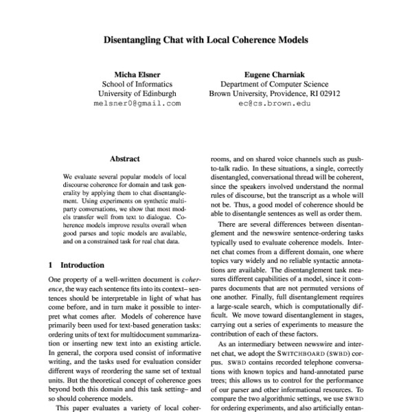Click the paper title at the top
click(206, 40)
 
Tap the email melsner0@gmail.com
click(137, 104)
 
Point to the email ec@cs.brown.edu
click(275, 104)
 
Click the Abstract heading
click(125, 158)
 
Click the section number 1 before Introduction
click(51, 264)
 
